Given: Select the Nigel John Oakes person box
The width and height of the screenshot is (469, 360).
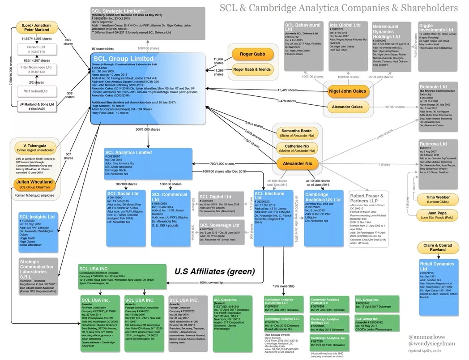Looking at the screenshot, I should tap(347, 91).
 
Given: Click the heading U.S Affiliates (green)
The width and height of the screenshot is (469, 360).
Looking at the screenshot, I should tap(214, 270).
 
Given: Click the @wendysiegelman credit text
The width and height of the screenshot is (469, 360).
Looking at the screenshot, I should tap(434, 343).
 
